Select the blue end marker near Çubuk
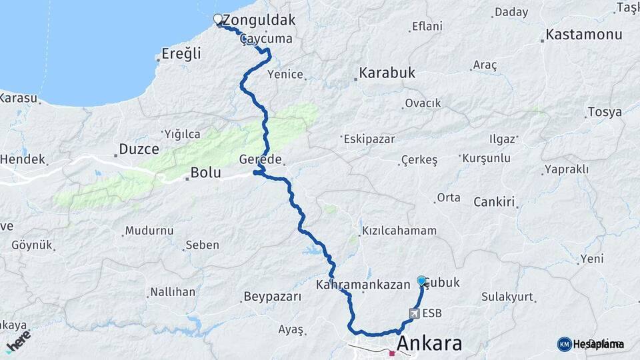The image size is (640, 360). pyautogui.click(x=421, y=281)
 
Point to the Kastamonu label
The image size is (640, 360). pyautogui.click(x=584, y=35)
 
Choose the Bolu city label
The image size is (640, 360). pyautogui.click(x=205, y=172)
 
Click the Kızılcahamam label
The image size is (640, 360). pyautogui.click(x=399, y=231)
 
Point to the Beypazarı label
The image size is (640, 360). pyautogui.click(x=273, y=297)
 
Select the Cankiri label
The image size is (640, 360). pyautogui.click(x=495, y=201)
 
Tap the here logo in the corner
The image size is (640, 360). pyautogui.click(x=17, y=341)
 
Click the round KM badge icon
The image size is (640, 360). pyautogui.click(x=564, y=344)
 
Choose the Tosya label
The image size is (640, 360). pyautogui.click(x=605, y=112)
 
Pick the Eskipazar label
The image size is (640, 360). pyautogui.click(x=369, y=139)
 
